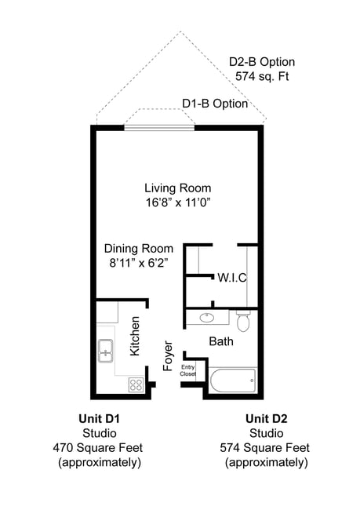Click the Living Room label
(x=177, y=188)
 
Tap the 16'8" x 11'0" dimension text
(x=177, y=202)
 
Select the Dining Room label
(x=139, y=249)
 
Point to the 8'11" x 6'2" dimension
(x=139, y=263)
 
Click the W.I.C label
(x=232, y=278)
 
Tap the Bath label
(x=220, y=341)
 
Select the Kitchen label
(x=136, y=336)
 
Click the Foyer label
(x=167, y=355)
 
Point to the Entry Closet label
(x=188, y=370)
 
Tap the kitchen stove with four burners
(x=136, y=384)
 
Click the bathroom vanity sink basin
(x=207, y=319)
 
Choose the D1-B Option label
(x=215, y=104)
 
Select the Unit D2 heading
(x=266, y=418)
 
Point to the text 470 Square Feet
(x=99, y=447)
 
